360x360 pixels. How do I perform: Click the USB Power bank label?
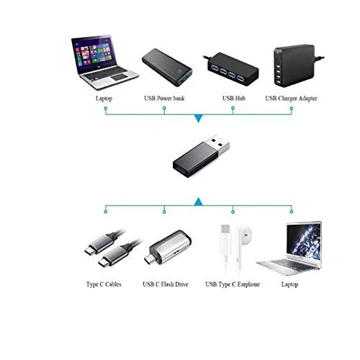[x=164, y=98]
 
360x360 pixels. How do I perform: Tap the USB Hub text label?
[x=234, y=98]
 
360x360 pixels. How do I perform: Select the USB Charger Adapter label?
[x=291, y=99]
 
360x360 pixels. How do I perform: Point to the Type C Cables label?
[x=104, y=284]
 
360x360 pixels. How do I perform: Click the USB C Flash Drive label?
[x=166, y=284]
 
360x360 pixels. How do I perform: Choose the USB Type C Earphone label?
[x=233, y=284]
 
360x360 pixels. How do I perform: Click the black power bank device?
[x=167, y=68]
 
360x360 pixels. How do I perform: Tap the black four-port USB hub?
[x=232, y=69]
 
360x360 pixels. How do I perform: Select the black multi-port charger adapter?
[x=295, y=66]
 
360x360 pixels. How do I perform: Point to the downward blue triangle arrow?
[x=198, y=118]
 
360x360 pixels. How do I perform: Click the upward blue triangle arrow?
[x=198, y=202]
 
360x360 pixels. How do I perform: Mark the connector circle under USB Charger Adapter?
[x=292, y=109]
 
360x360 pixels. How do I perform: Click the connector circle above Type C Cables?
[x=106, y=212]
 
